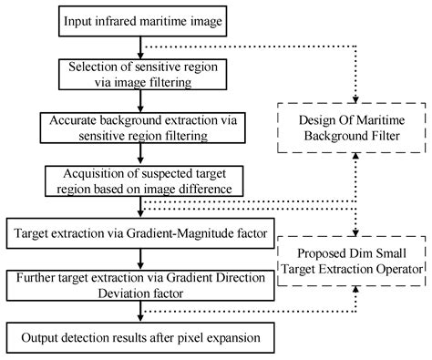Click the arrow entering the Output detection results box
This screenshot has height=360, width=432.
click(x=139, y=316)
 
